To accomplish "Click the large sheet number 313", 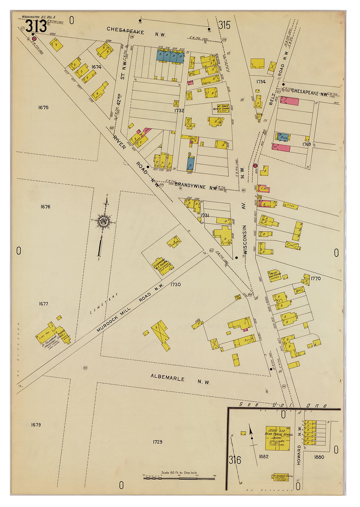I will point(36,26).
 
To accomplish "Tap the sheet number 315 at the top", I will point(225,25).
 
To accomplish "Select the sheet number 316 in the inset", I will point(235,460).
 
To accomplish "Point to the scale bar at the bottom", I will point(179,478).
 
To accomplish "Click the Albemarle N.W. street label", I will point(180,379).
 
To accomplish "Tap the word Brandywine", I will point(190,185).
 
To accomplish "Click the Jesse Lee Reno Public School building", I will point(278,438).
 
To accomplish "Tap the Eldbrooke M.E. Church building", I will point(163,266).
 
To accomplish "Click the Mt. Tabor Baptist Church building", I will point(221,108).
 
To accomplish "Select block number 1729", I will point(157,442).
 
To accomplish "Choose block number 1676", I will point(45,207).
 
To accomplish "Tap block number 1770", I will point(316,278).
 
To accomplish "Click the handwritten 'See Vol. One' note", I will point(283,405).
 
